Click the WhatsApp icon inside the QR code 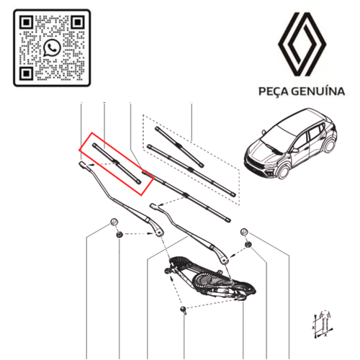(x=51, y=48)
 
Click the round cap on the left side (x=114, y=220)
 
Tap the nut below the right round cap (x=248, y=246)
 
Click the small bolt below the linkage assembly (x=185, y=310)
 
